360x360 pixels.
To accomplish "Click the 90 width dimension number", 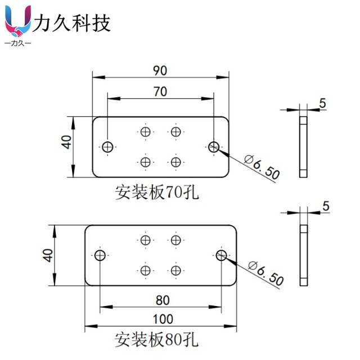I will (160, 70).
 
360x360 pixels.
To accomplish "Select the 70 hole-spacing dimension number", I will (160, 92).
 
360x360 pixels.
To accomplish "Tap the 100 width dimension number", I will (163, 319).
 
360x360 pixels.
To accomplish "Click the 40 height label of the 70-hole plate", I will (67, 141).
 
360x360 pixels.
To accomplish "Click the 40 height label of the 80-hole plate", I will (48, 255).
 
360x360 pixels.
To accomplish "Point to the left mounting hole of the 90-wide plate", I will (108, 147).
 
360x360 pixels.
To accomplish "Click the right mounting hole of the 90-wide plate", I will (213, 147).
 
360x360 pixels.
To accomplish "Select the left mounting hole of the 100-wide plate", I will (100, 256).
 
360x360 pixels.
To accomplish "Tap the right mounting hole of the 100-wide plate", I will (221, 256).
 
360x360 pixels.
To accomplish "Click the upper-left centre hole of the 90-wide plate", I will (146, 132).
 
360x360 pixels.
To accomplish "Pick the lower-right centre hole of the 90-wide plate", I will (176, 162).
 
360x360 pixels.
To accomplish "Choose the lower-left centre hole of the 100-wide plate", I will (146, 271).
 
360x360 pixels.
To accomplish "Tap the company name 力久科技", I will (72, 23).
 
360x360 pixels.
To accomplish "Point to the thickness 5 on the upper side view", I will (322, 103).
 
